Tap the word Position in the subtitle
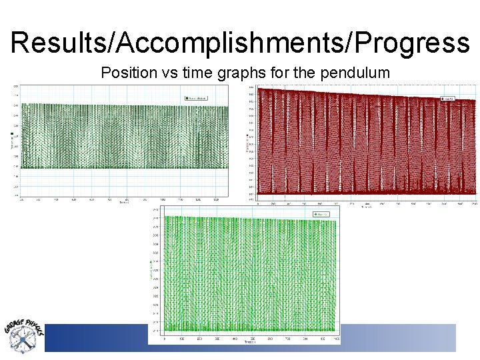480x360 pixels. tap(126, 73)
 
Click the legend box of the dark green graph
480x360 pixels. tap(197, 98)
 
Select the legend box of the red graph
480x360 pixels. tap(448, 99)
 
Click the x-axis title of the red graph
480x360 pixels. tap(367, 207)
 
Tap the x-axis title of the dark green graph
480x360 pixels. tap(125, 203)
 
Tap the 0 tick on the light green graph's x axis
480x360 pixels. tap(165, 339)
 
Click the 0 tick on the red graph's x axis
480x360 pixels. tap(259, 203)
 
